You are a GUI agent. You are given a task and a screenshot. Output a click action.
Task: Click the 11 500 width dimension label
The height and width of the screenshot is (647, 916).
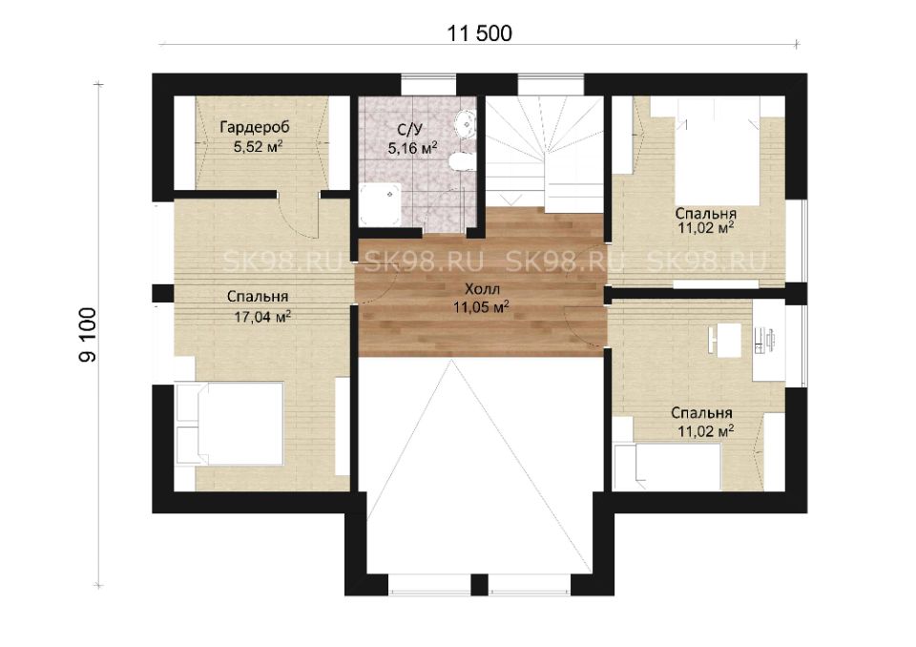(x=479, y=33)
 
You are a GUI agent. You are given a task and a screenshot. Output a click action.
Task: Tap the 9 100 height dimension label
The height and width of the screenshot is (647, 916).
(x=88, y=335)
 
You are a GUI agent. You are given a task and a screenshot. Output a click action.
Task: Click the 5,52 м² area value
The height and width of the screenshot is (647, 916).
(x=259, y=147)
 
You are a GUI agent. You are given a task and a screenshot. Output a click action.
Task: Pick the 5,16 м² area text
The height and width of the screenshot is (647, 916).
(x=412, y=149)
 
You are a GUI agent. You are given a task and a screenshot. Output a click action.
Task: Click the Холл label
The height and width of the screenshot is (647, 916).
(x=481, y=289)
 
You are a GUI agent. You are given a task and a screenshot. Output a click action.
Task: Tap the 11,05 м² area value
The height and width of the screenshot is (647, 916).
(x=481, y=307)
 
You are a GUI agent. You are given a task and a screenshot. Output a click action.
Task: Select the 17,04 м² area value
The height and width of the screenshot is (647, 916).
(x=263, y=317)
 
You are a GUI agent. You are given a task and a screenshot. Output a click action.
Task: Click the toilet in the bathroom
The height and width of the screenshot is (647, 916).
(x=463, y=161)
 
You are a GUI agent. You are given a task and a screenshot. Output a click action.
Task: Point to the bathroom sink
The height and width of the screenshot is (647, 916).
(x=466, y=123)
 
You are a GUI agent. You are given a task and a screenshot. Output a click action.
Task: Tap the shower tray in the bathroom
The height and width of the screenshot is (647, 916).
(x=381, y=204)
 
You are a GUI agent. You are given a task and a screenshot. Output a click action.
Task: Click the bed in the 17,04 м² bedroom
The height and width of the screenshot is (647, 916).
(x=230, y=424)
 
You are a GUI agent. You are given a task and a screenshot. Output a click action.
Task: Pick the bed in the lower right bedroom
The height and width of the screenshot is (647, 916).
(x=669, y=467)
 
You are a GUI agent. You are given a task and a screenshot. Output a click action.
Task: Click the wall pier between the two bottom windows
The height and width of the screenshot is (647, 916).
(x=479, y=584)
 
